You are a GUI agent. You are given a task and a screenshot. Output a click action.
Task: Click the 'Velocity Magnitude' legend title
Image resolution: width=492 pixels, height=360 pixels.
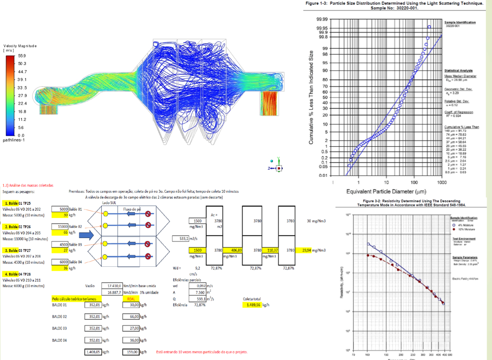(x=20, y=46)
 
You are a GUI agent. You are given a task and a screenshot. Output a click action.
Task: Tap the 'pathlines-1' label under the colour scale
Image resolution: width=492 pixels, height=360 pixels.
(x=14, y=141)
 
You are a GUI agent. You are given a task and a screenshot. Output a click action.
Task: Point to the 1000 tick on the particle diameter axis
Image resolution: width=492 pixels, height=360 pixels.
(x=441, y=183)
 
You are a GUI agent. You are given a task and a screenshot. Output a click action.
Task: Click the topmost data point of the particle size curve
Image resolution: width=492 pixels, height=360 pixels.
(x=429, y=27)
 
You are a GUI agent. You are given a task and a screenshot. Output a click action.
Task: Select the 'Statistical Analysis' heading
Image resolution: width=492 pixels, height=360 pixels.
(x=459, y=70)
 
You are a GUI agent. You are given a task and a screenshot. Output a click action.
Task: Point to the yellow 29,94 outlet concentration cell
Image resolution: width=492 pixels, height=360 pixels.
(x=308, y=250)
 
